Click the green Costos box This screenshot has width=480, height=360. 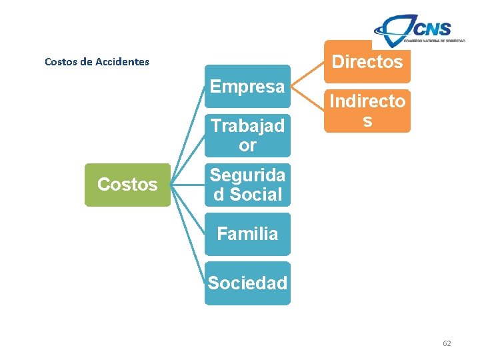127,185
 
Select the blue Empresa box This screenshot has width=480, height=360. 247,86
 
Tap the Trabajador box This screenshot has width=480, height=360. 247,135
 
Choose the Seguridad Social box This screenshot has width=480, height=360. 247,185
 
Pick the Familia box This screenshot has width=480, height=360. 247,234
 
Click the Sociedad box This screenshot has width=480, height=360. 247,283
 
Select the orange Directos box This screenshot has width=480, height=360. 367,62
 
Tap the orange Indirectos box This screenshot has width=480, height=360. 367,111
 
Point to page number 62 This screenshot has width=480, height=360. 447,343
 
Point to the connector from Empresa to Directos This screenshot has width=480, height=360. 307,74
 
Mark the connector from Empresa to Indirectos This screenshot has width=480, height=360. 307,99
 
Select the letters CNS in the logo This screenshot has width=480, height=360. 431,28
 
